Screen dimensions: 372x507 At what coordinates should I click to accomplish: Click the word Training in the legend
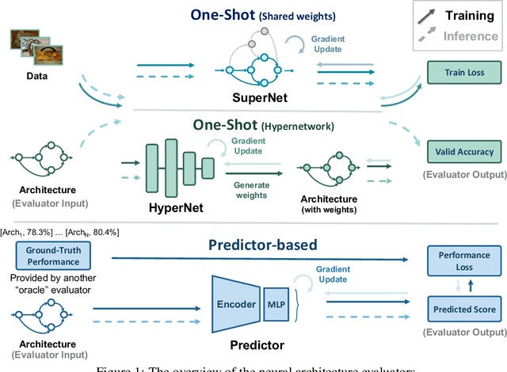click(x=467, y=15)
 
